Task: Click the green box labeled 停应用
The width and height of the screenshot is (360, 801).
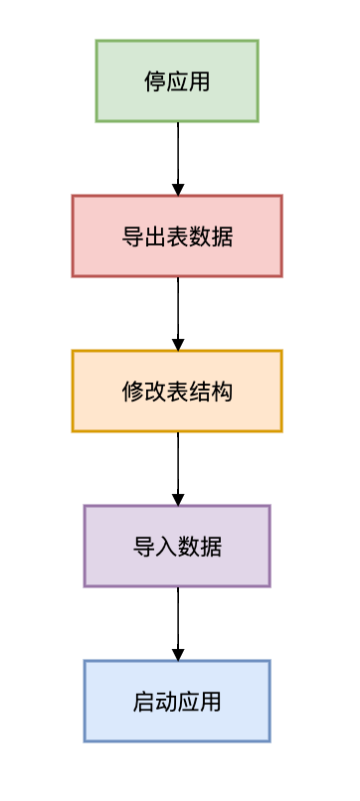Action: [177, 80]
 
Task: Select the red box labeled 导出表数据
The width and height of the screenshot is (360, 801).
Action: [177, 236]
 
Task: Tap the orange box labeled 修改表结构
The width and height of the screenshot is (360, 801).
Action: [177, 391]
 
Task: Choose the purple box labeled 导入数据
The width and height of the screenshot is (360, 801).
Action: [177, 546]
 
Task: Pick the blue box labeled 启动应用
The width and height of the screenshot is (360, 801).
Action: [177, 701]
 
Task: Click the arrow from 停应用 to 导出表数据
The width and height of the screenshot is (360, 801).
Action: [178, 154]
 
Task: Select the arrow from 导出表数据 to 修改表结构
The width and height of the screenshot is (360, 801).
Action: [178, 309]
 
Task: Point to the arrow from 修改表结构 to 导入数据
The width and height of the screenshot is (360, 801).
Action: [178, 464]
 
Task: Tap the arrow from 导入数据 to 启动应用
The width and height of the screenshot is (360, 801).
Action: [178, 619]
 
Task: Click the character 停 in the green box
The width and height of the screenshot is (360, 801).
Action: [155, 81]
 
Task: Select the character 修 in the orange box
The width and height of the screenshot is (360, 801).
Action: [133, 392]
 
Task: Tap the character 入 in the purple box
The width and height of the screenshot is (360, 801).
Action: [166, 547]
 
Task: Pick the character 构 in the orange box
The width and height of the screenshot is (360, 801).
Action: [222, 392]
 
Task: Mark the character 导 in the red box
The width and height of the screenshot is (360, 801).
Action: [133, 237]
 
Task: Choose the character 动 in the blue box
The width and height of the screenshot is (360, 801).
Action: [166, 702]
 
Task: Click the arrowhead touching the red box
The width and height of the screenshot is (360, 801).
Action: [178, 189]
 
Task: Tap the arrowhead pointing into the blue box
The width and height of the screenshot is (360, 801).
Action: [178, 654]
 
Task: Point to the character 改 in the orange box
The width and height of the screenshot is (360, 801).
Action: [155, 392]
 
